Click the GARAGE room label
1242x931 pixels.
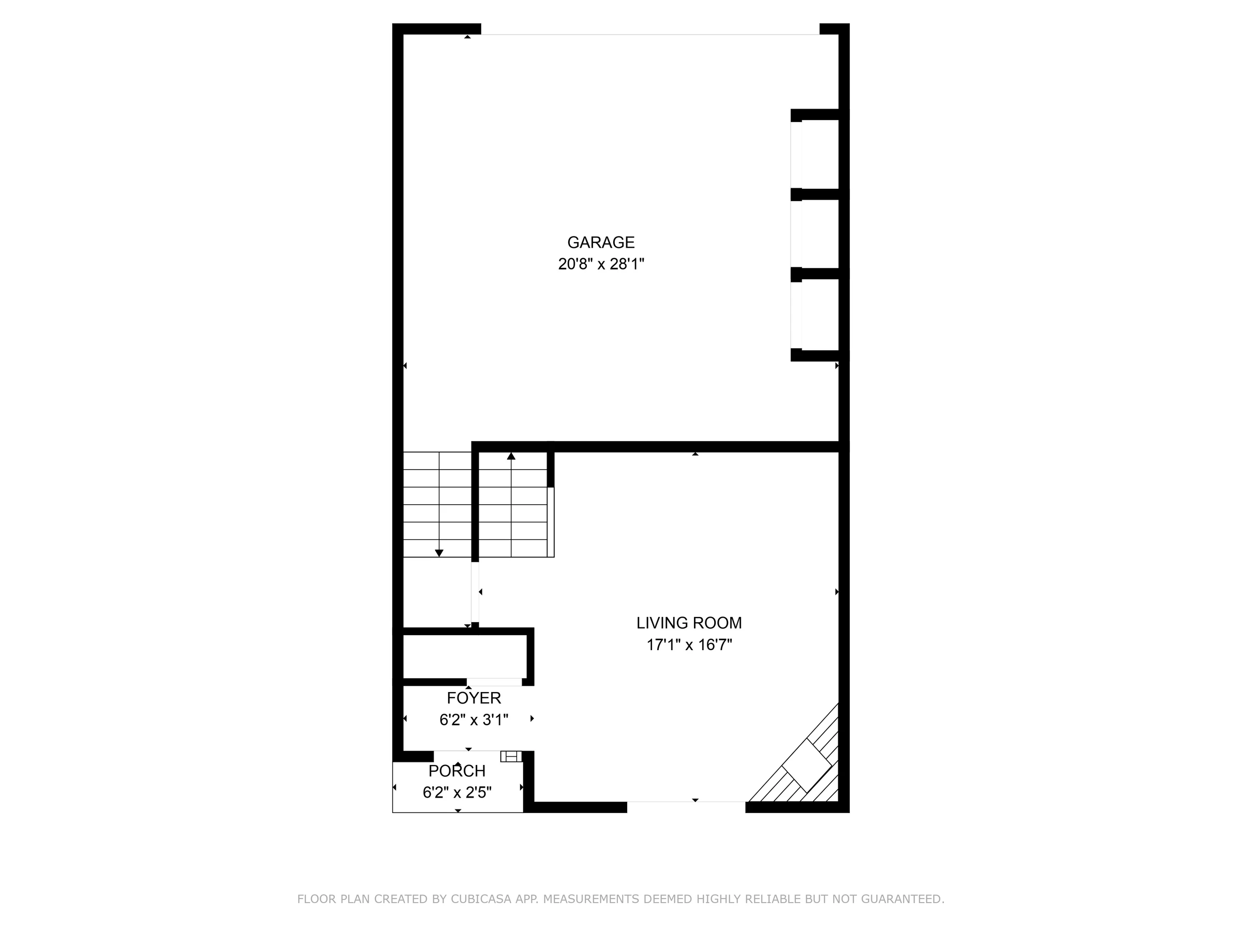click(600, 243)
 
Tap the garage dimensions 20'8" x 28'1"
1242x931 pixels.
click(601, 264)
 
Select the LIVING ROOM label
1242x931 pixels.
click(689, 623)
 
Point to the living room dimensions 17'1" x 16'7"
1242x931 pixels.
click(689, 645)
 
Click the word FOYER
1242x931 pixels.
click(474, 698)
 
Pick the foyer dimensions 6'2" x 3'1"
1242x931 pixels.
click(474, 720)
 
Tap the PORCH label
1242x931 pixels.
click(457, 771)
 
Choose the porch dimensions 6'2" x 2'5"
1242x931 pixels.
click(457, 792)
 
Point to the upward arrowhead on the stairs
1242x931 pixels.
click(511, 456)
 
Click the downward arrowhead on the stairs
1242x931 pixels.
click(439, 553)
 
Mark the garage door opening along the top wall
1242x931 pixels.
click(650, 35)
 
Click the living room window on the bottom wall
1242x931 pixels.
click(686, 802)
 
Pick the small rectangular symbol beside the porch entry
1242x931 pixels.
click(511, 757)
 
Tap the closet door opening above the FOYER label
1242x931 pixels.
click(494, 682)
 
